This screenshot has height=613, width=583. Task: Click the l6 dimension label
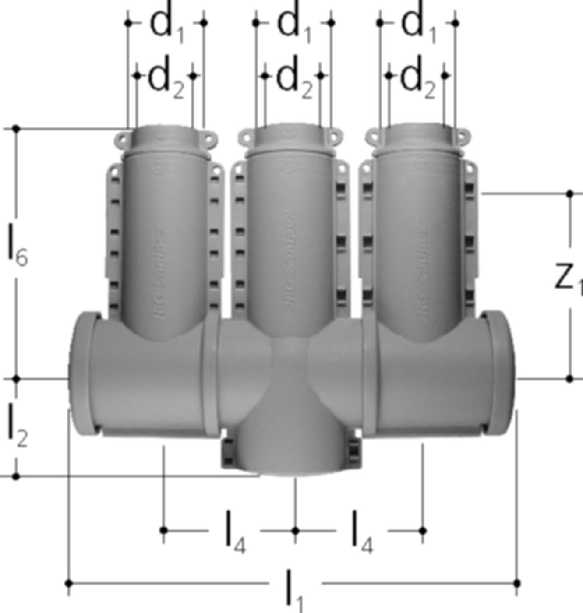click(x=18, y=248)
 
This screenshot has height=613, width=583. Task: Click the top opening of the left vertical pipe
click(x=163, y=131)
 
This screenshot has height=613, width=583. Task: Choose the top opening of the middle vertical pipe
click(x=290, y=131)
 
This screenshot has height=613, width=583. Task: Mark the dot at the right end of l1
click(x=517, y=583)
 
